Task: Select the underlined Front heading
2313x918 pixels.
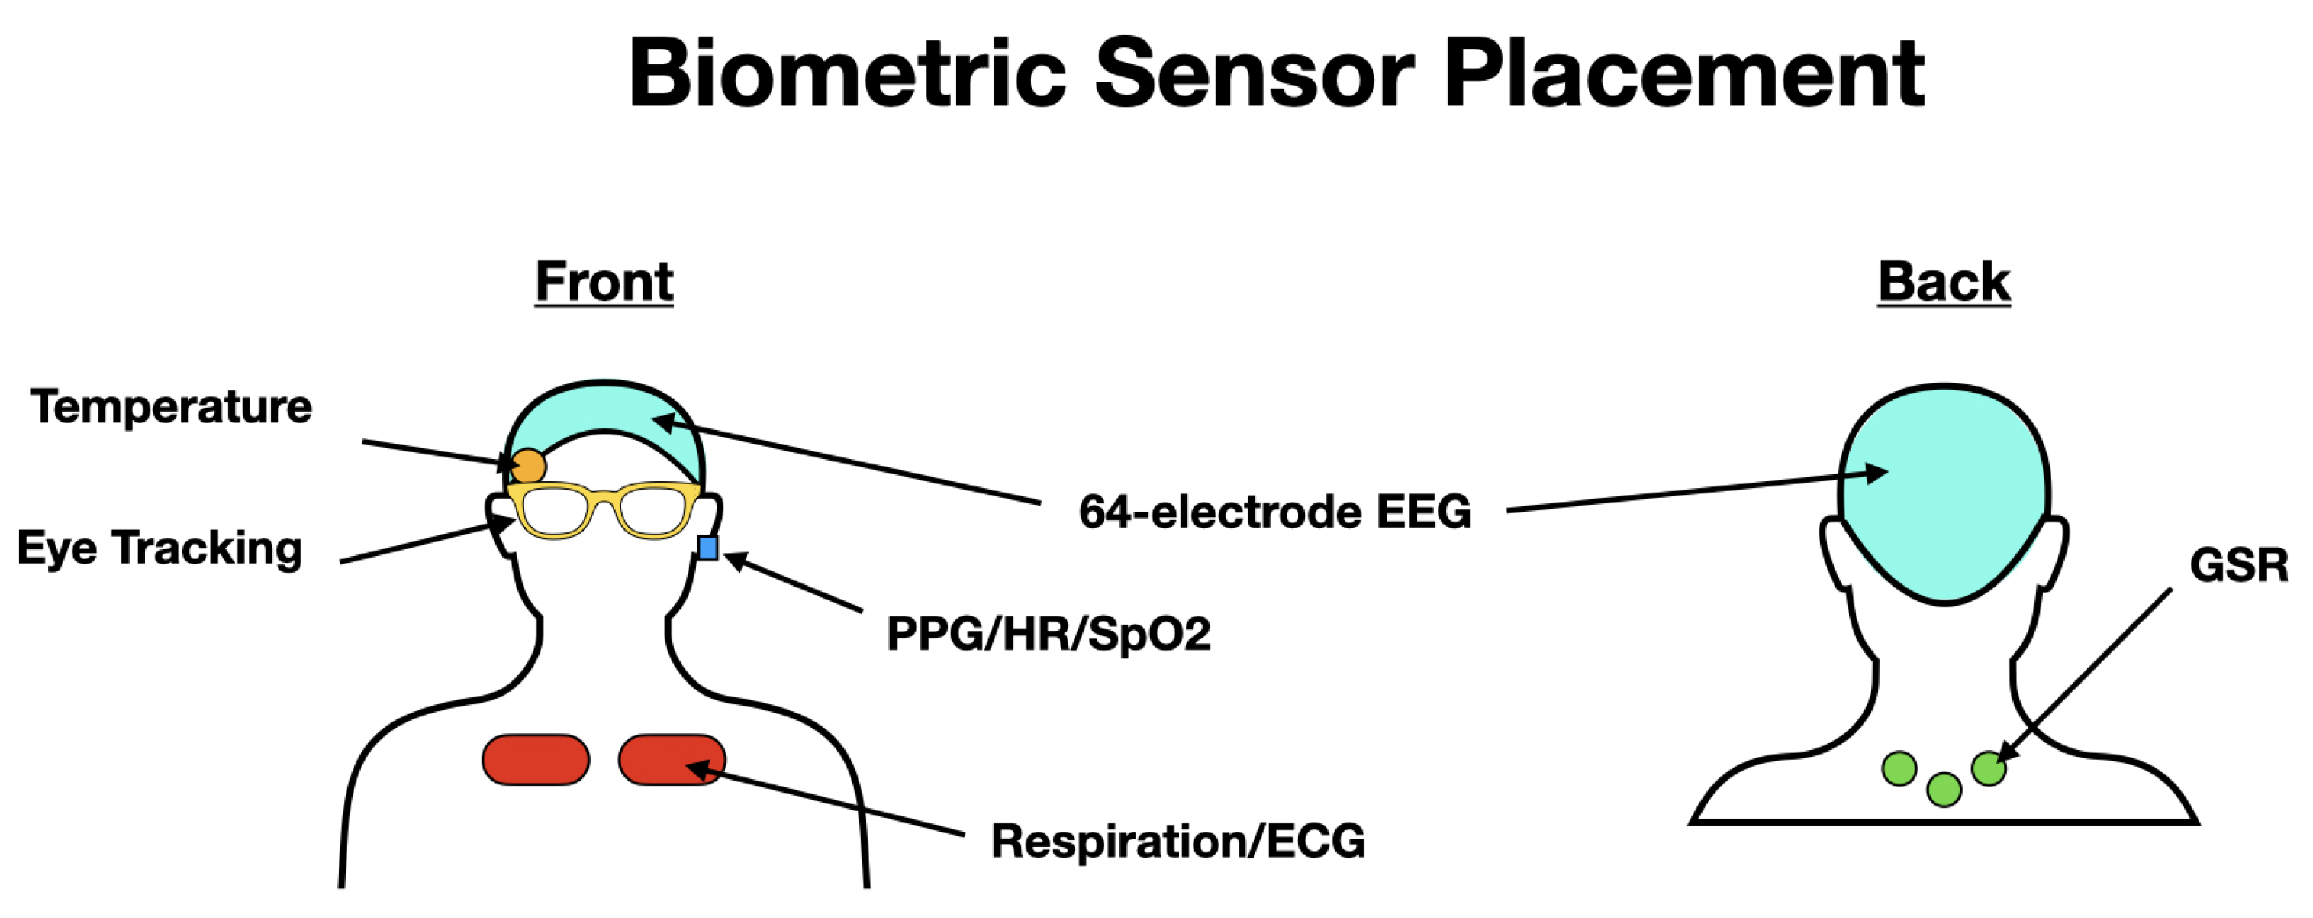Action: (x=604, y=282)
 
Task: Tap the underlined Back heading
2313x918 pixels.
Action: (x=1943, y=282)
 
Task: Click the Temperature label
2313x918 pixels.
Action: (x=171, y=406)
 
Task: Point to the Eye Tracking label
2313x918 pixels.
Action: (x=159, y=548)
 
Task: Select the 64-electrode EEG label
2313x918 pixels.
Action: (x=1274, y=512)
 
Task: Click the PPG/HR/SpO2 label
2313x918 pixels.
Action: (x=1048, y=634)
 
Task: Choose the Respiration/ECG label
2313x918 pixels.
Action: (x=1177, y=842)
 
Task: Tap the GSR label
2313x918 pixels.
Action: (x=2238, y=566)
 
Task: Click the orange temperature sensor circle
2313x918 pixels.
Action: (x=528, y=466)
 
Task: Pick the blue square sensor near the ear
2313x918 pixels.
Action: (x=707, y=548)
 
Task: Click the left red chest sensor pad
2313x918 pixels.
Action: (x=535, y=760)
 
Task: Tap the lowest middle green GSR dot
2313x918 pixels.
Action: (x=1944, y=790)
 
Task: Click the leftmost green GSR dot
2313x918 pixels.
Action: (x=1899, y=769)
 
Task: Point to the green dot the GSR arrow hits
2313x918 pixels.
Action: (x=1989, y=769)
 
